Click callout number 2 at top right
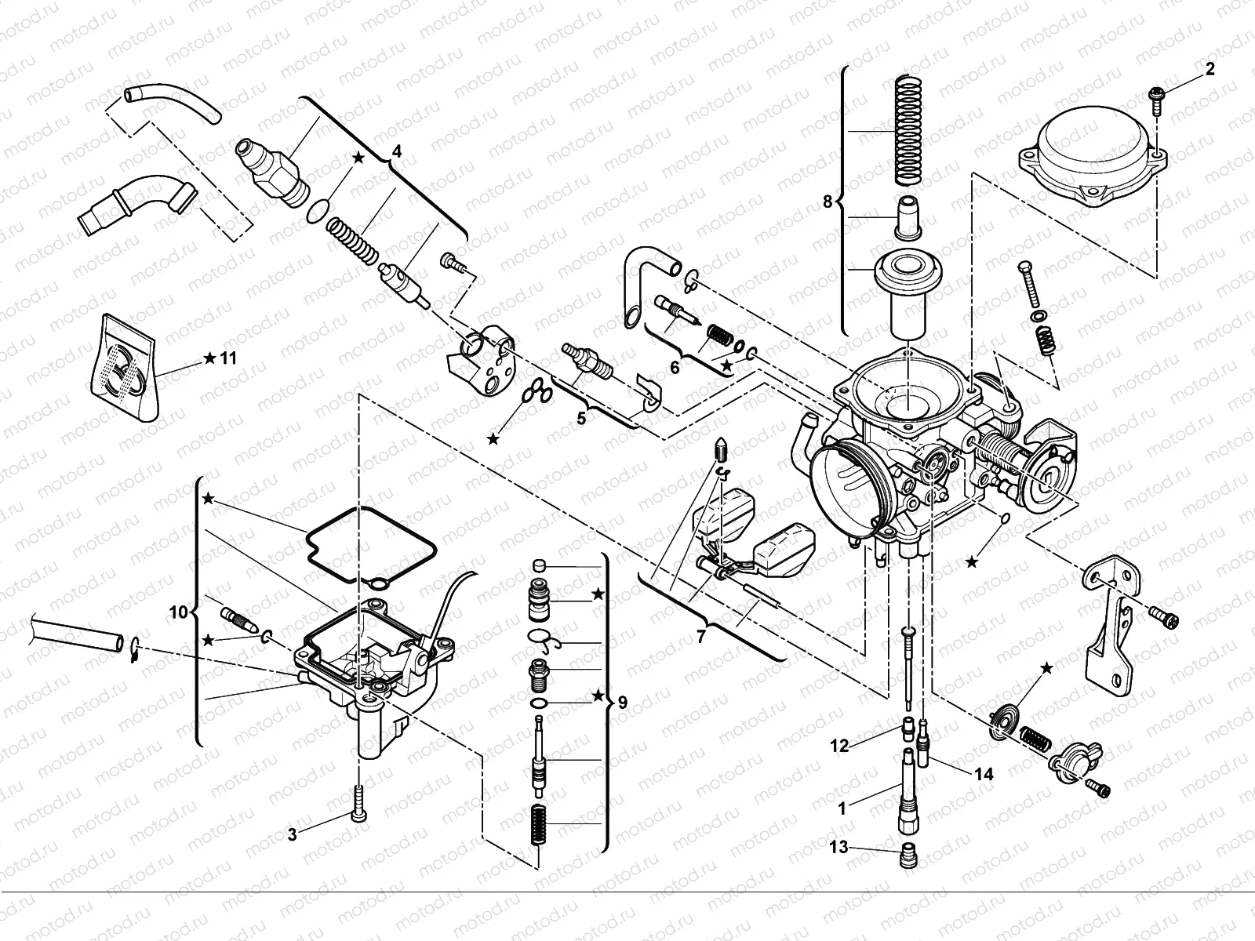point(1210,69)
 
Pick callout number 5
point(581,419)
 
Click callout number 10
point(179,612)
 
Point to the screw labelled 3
point(359,804)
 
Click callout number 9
point(622,702)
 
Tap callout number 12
point(839,746)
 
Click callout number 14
point(984,774)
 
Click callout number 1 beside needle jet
point(842,808)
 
